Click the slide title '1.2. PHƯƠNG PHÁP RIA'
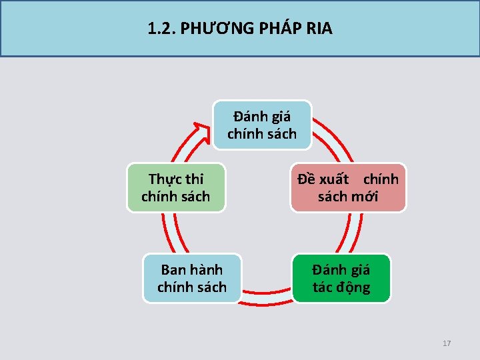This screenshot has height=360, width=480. pos(240,29)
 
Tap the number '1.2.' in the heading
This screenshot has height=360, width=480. pos(159,29)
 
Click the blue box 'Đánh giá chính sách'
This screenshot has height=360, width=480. pos(262,125)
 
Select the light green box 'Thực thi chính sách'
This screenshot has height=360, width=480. pos(176,188)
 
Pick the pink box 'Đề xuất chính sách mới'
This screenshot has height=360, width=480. pos(347,188)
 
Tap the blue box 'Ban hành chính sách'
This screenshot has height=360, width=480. pos(192,279)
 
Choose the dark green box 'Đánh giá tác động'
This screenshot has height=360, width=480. pos(341,279)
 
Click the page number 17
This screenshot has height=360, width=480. pos(447,343)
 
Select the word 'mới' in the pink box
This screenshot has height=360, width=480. pos(366,197)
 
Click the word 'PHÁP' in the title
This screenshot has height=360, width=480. pos(274,29)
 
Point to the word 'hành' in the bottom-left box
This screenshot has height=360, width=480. pos(206,270)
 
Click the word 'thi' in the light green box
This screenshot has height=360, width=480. pos(195,179)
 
